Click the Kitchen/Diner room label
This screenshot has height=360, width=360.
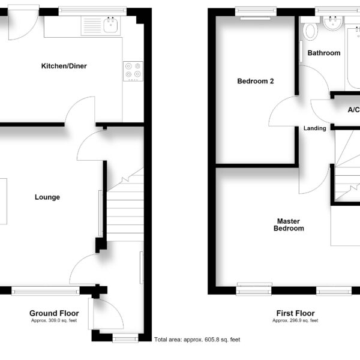[x=64, y=66]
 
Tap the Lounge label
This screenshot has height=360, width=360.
[x=47, y=197]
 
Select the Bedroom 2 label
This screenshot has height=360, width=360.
[x=256, y=81]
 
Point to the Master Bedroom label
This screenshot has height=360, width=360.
[x=289, y=225]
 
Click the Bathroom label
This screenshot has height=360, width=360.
[x=324, y=53]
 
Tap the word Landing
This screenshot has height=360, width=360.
[x=315, y=128]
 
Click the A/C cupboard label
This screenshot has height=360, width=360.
[x=354, y=110]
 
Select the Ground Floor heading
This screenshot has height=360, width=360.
[x=54, y=313]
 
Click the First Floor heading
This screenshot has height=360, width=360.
[x=295, y=313]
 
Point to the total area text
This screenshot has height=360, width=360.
[x=197, y=340]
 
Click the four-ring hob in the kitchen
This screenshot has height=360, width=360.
[x=133, y=71]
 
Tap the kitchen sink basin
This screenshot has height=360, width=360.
[x=110, y=25]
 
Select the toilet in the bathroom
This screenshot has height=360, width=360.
[x=310, y=31]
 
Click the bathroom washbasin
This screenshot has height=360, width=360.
[x=332, y=23]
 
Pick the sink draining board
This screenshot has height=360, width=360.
[x=92, y=25]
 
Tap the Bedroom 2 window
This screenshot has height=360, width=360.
[x=256, y=11]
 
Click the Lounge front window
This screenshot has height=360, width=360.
[x=46, y=290]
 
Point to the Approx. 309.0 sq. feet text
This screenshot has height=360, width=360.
[x=54, y=320]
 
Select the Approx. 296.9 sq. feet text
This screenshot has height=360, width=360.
[x=295, y=320]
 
